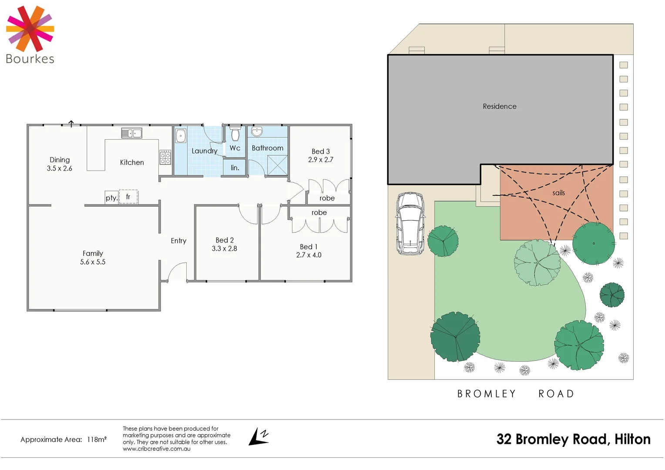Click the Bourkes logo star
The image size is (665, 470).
(30, 29)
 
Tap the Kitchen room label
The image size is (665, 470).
(132, 162)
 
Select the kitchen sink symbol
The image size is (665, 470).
(131, 133)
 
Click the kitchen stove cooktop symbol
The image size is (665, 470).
(165, 157)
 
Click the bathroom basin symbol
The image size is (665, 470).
(257, 131)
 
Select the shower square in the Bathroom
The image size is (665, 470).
(277, 165)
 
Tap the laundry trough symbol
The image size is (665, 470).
(181, 136)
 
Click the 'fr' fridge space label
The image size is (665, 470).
(128, 197)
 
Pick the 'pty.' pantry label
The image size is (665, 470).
(111, 198)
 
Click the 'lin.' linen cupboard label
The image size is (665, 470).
(235, 168)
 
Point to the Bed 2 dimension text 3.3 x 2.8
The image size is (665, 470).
(225, 248)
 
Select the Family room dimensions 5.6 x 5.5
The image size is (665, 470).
(93, 262)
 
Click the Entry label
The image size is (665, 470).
(178, 241)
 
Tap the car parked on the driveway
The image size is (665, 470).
(410, 224)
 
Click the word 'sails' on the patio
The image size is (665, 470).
(558, 193)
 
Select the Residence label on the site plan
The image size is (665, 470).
(500, 106)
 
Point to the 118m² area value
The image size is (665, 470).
(97, 440)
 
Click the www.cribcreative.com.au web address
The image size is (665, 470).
(156, 449)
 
